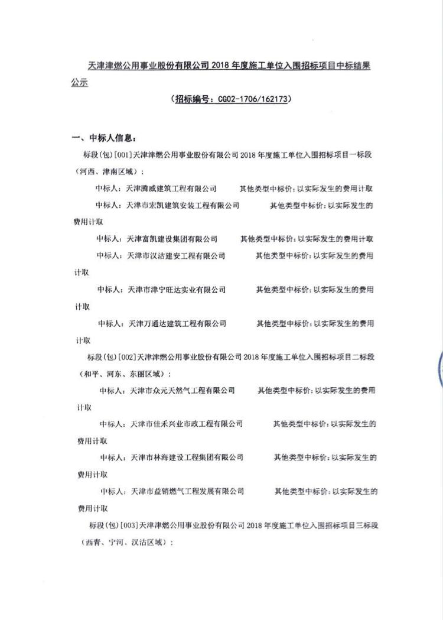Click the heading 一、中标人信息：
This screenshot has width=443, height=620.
click(x=103, y=139)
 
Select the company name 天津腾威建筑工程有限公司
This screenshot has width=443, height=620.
click(x=172, y=189)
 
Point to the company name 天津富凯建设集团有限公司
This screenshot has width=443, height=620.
click(x=172, y=239)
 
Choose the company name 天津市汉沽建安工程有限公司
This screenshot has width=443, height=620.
click(x=176, y=256)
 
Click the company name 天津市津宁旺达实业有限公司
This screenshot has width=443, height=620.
click(x=177, y=290)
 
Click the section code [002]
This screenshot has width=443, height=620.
click(x=127, y=357)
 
